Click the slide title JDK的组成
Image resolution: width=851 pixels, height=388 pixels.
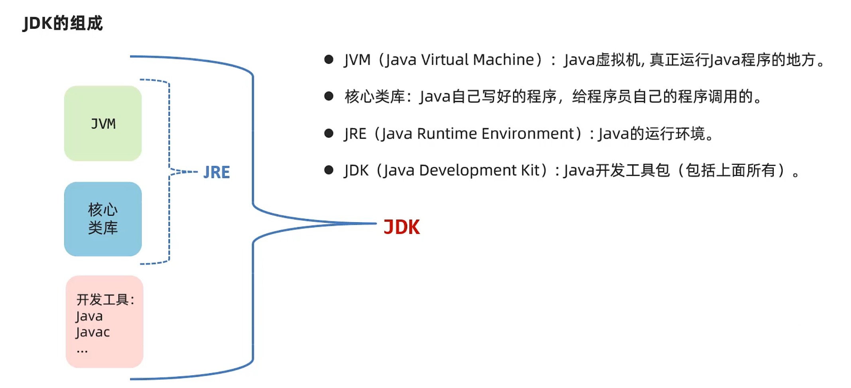click(63, 23)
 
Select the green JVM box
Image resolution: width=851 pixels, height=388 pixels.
click(103, 123)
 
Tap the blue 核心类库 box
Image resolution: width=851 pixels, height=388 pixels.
click(103, 219)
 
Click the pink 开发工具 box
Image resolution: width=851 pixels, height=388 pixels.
click(104, 321)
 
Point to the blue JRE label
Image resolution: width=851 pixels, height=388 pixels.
click(217, 172)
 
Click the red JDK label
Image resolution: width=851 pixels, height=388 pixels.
click(402, 227)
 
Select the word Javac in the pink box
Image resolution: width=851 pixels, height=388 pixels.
click(93, 332)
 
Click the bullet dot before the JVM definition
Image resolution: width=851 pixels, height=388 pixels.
click(329, 59)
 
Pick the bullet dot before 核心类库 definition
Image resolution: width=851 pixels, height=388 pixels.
click(329, 96)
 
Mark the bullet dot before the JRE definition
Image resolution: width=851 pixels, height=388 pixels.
click(329, 133)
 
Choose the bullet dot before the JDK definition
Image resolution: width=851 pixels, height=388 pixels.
click(329, 170)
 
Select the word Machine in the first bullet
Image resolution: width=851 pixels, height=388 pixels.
click(503, 60)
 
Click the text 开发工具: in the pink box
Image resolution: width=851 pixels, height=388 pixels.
click(105, 300)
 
